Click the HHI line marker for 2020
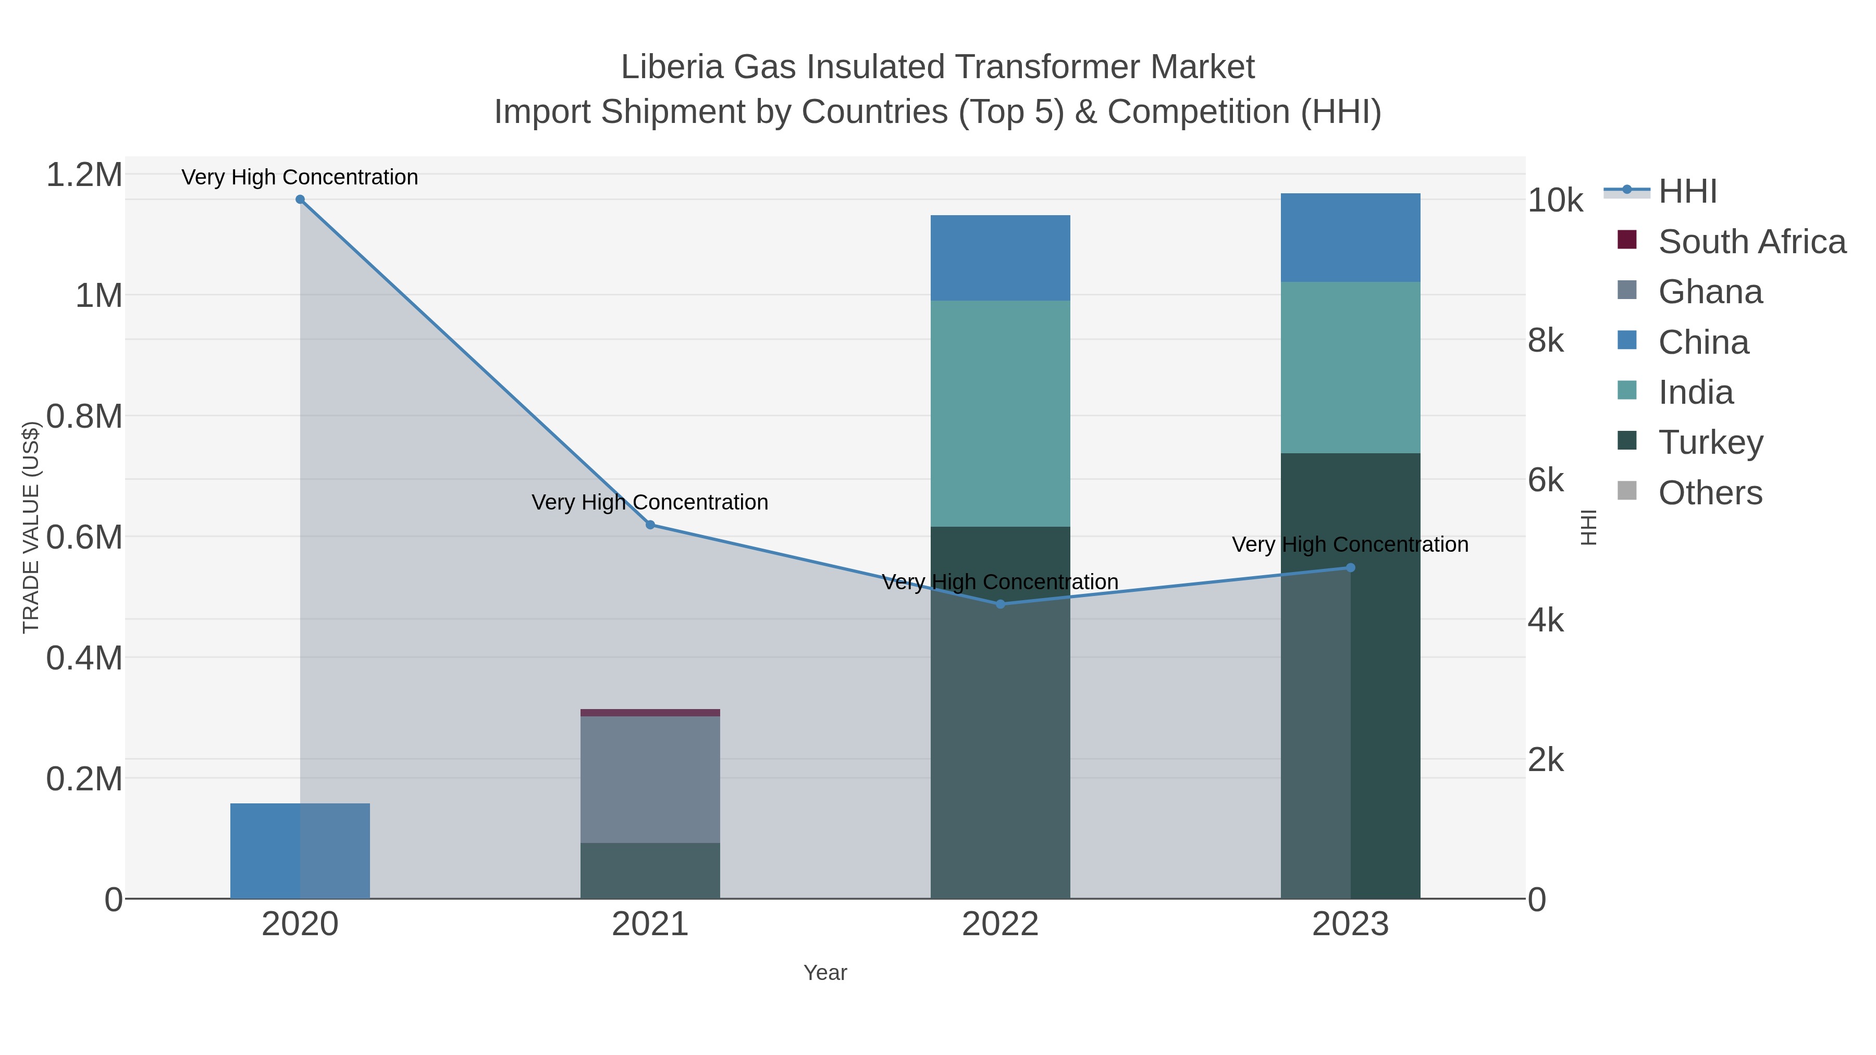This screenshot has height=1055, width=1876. (x=300, y=200)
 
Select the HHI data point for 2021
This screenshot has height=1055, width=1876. (x=650, y=525)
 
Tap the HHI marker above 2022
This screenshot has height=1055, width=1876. (x=1000, y=604)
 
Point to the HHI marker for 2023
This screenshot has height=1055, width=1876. (x=1350, y=568)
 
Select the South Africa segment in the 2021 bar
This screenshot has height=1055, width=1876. (x=650, y=713)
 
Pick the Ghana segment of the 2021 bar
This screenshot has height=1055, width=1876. (x=650, y=779)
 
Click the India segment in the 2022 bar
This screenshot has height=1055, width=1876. (x=1000, y=414)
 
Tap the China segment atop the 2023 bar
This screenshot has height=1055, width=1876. (x=1350, y=238)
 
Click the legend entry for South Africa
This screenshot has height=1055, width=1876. (x=1751, y=242)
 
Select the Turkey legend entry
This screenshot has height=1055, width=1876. (x=1710, y=443)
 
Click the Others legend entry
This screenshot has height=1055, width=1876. (x=1709, y=493)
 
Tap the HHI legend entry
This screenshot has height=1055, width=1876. (x=1687, y=192)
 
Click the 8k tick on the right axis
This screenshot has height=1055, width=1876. (x=1546, y=341)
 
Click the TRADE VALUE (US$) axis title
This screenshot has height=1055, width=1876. (x=31, y=527)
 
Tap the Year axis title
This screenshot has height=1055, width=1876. (x=825, y=973)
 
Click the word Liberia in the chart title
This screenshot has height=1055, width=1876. (x=672, y=67)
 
